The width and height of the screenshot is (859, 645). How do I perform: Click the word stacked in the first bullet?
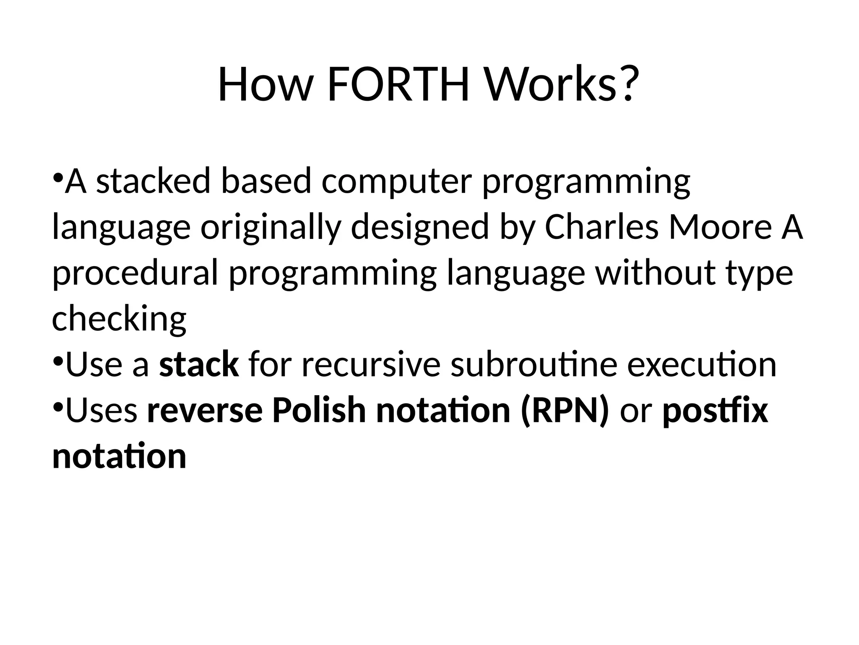(153, 181)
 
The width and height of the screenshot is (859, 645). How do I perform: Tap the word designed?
(420, 227)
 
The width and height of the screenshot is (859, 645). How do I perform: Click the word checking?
(119, 319)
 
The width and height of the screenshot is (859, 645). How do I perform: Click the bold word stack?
(199, 364)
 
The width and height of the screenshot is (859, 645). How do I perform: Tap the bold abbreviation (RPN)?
(565, 410)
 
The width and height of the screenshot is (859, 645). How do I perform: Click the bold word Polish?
(319, 410)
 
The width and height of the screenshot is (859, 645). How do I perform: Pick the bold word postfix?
(715, 410)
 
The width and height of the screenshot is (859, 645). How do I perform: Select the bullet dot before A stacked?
(58, 177)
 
